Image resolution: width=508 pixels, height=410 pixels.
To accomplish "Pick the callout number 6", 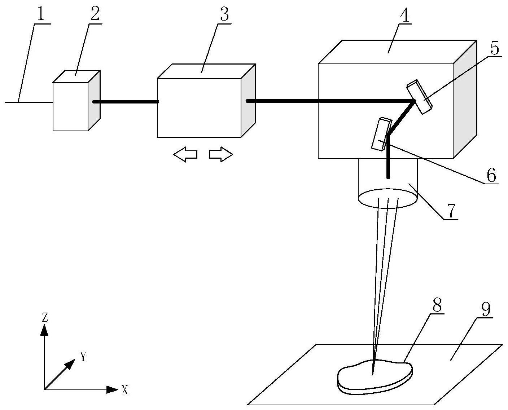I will [x=491, y=176].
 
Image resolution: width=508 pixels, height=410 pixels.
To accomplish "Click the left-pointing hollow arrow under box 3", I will [x=185, y=155].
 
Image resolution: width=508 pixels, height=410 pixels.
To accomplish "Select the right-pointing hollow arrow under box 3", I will [x=221, y=155].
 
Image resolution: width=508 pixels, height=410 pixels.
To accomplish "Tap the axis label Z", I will [x=45, y=317].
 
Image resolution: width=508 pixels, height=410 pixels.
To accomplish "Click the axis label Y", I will [x=84, y=357].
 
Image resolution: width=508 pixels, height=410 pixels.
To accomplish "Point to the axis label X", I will [x=124, y=390].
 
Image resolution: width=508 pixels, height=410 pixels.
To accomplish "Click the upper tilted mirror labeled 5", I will [x=419, y=96].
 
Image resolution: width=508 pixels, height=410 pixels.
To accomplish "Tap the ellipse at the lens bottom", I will [x=388, y=198].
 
